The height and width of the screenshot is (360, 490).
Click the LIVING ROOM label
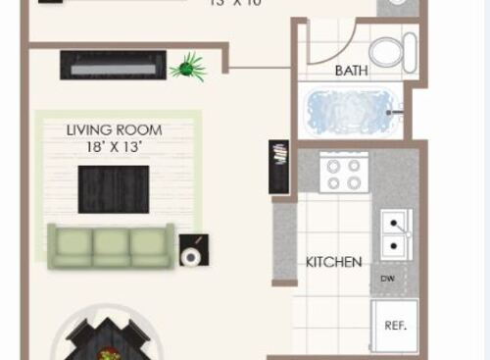[x=114, y=129]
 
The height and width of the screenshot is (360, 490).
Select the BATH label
[x=351, y=71]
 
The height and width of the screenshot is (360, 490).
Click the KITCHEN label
[x=333, y=262]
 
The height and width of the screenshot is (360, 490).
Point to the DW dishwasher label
[x=389, y=279]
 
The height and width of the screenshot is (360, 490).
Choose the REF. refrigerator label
[x=396, y=325]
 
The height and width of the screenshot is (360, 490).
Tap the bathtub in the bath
[x=350, y=112]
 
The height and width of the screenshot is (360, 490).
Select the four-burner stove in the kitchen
[x=344, y=174]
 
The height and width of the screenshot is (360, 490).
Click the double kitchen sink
[x=395, y=233]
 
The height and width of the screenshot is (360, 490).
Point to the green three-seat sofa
[x=111, y=245]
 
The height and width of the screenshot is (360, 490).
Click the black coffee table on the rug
[x=114, y=189]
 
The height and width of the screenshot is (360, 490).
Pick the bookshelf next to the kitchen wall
[x=279, y=166]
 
